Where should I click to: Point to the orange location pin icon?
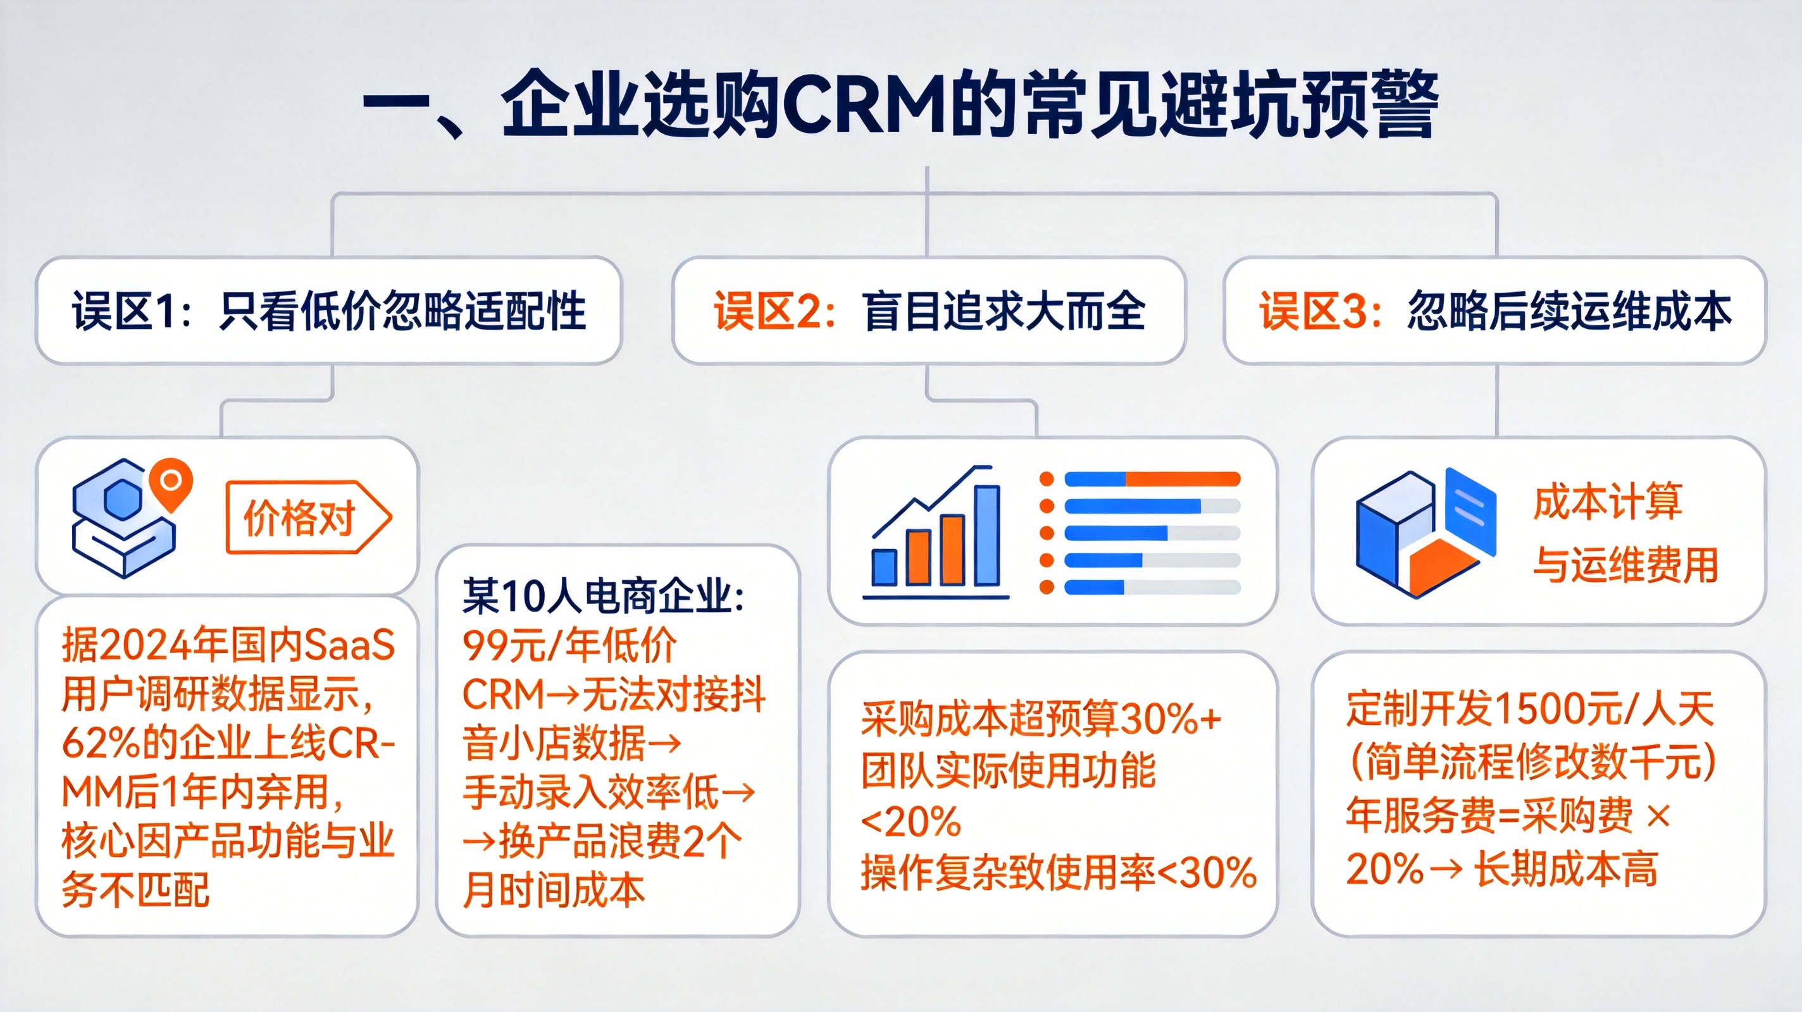click(x=170, y=483)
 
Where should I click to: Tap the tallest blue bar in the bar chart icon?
click(x=986, y=535)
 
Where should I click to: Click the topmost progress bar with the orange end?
click(x=1152, y=479)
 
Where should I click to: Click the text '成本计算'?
click(x=1608, y=502)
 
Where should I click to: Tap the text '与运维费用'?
click(x=1625, y=564)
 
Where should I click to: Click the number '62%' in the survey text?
click(x=100, y=743)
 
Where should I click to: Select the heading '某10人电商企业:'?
click(x=603, y=596)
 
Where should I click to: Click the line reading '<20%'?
click(x=910, y=822)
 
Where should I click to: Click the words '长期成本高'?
click(x=1565, y=869)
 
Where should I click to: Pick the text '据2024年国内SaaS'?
click(x=228, y=645)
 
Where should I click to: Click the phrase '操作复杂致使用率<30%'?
click(x=1059, y=873)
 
